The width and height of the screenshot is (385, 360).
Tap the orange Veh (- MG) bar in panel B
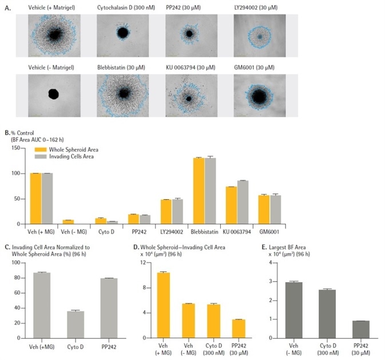tap(68, 222)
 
